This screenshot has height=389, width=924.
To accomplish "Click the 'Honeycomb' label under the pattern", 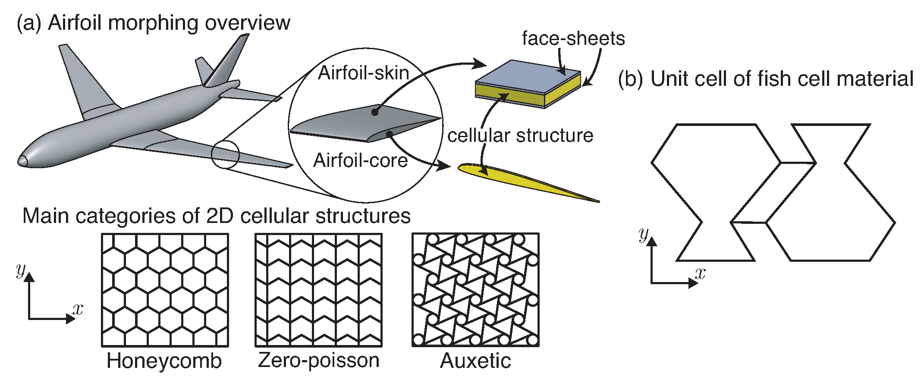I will (x=164, y=361).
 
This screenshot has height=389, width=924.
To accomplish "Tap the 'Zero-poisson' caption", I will (x=318, y=361).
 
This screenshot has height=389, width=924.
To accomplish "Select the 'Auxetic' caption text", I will (x=475, y=361).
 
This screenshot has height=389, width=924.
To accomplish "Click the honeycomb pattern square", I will (x=165, y=290).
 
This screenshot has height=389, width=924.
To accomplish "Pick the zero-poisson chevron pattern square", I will (x=318, y=290).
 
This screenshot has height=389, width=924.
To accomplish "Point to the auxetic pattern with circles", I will (x=475, y=290).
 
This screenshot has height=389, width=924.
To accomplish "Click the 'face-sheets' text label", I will (x=573, y=39).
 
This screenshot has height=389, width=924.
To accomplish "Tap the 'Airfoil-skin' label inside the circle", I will (x=363, y=73).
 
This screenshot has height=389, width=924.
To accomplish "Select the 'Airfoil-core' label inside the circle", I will (x=360, y=160).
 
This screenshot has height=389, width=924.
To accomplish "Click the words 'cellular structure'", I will (x=520, y=136).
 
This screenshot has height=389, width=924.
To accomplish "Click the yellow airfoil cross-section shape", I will (x=518, y=179).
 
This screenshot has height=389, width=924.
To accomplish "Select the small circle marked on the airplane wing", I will (x=225, y=154).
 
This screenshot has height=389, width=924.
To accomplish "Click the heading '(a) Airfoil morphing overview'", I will (x=153, y=22).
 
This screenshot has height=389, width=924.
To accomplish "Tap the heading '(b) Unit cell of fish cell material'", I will (x=766, y=79).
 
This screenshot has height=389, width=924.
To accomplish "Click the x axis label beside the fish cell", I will (x=700, y=273).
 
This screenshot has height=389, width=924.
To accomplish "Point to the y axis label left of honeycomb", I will (x=20, y=270).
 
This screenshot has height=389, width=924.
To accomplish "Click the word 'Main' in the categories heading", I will (x=46, y=216).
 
